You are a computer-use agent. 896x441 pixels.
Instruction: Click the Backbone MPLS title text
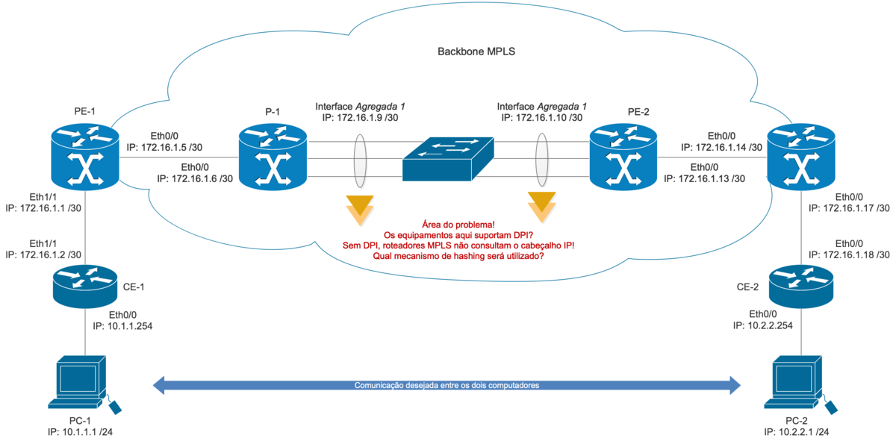[476, 53]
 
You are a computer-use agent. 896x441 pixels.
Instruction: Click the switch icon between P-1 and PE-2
[447, 159]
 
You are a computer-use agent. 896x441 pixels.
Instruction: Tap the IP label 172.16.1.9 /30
[360, 118]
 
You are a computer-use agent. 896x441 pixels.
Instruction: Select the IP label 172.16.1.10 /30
[541, 118]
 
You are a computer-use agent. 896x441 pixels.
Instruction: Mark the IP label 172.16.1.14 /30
[721, 148]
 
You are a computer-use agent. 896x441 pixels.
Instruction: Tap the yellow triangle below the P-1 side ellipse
[358, 207]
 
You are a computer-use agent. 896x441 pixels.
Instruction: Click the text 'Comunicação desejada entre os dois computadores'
[447, 386]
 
